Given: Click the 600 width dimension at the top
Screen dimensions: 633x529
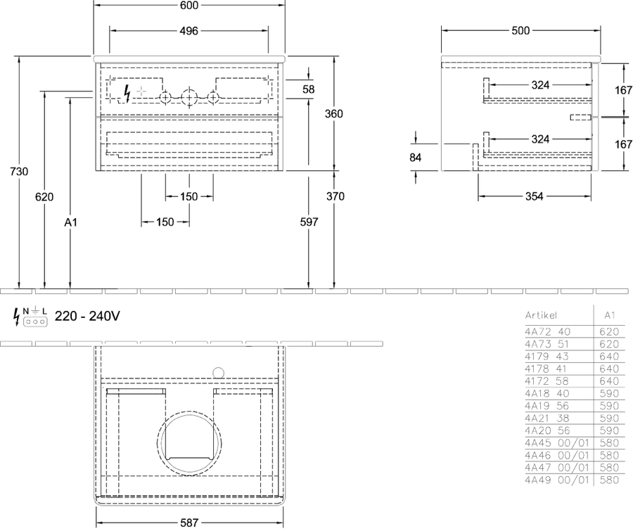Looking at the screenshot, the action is (x=189, y=5).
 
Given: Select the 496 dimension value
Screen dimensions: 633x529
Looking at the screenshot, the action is (x=189, y=31).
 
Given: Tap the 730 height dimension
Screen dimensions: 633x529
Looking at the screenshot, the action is (x=19, y=172).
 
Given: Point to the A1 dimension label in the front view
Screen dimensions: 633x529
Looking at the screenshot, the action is (x=70, y=222).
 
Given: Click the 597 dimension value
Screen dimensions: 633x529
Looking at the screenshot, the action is (x=309, y=222).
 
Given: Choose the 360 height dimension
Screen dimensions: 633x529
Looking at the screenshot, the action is (x=334, y=114).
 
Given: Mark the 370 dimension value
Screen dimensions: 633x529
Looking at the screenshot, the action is (x=335, y=196).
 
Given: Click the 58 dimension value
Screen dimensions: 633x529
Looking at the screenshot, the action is (x=309, y=89).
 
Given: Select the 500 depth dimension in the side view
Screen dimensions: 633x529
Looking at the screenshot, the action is (x=520, y=31).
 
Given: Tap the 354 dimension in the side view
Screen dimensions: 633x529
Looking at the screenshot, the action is (x=534, y=196).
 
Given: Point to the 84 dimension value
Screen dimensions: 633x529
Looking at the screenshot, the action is (x=416, y=157).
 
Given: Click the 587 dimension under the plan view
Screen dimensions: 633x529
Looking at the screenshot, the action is (x=189, y=523).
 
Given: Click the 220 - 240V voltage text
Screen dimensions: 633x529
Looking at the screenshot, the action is (x=87, y=316).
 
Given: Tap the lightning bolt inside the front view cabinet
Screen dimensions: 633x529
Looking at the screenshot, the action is (x=127, y=94).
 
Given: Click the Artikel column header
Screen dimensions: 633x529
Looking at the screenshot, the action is (x=541, y=315).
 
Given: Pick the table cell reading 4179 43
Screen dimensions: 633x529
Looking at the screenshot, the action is (x=546, y=357).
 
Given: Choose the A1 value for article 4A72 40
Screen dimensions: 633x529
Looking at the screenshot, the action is (x=609, y=331).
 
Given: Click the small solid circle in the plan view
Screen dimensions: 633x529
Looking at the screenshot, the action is (x=219, y=373).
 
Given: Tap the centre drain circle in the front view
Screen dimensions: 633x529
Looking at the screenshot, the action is (x=189, y=97).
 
